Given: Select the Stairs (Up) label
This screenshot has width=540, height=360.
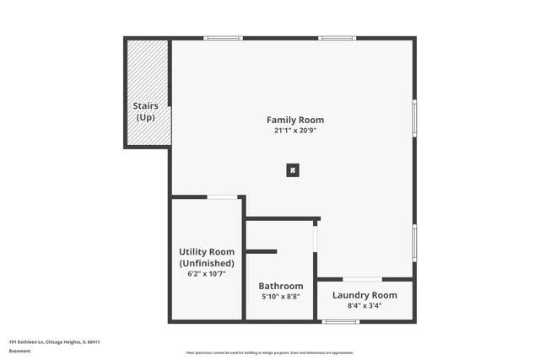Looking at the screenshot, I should click(146, 111).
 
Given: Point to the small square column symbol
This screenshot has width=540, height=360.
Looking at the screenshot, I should click(292, 170).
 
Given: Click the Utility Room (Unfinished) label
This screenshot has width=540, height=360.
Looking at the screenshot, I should click(207, 257).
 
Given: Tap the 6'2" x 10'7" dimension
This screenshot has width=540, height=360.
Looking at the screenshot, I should click(207, 274).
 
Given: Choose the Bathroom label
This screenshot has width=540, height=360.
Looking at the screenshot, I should click(281, 286).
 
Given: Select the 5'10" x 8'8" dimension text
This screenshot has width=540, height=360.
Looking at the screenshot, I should click(281, 297).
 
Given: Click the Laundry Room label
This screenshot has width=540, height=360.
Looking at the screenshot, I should click(364, 294).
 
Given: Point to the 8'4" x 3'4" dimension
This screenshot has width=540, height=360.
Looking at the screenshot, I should click(364, 305).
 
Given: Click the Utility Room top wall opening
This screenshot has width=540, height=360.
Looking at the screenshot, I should click(223, 197).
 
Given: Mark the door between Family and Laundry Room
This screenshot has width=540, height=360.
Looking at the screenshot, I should click(363, 279).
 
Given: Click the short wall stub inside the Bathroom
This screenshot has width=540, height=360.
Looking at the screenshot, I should click(262, 250).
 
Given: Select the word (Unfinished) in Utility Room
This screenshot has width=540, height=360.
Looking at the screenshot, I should click(207, 263).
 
